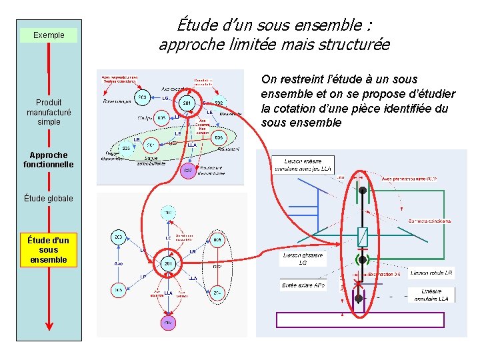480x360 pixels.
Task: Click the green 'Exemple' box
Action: coord(49,35)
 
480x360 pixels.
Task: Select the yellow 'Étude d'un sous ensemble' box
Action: coord(49,250)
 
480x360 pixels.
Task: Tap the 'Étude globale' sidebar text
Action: coord(49,198)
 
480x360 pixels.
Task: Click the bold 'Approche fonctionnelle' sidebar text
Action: coord(49,160)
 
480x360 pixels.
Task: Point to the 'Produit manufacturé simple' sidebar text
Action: coord(49,112)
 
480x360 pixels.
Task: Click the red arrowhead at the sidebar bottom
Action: coord(49,326)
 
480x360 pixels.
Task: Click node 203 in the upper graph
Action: coord(141,97)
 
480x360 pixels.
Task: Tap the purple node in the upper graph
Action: coord(189,170)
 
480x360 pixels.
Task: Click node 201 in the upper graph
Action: coord(187,103)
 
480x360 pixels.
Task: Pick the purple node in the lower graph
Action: coord(168,323)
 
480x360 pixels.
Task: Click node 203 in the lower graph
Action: coord(117,237)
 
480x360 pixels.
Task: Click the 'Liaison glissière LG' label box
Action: coord(303,259)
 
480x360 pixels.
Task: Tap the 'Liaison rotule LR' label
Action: coord(431,273)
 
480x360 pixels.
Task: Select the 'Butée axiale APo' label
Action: coord(303,285)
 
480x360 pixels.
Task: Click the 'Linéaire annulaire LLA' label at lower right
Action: coord(435,295)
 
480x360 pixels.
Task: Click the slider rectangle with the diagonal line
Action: coord(361,236)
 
